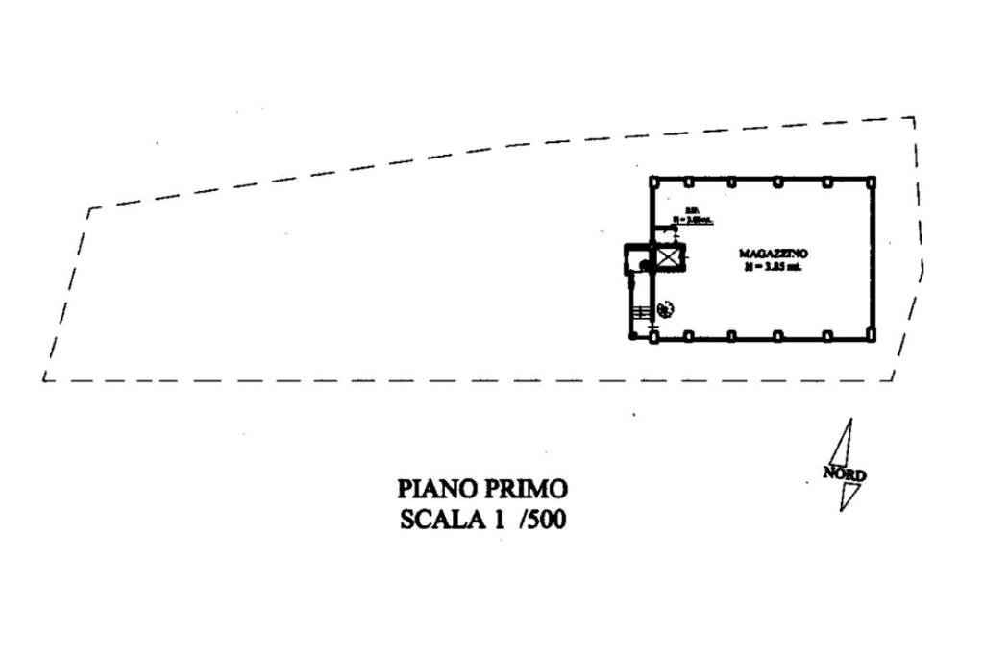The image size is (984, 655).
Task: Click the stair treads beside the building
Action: click(x=640, y=311)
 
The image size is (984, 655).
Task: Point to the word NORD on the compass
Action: click(x=845, y=473)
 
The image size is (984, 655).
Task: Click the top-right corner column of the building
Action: click(x=872, y=181)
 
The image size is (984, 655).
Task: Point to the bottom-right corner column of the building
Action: click(x=872, y=335)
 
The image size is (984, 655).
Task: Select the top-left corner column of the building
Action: click(x=652, y=181)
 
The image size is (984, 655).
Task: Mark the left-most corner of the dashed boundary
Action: click(x=44, y=379)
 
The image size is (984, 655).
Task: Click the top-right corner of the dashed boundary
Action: click(x=913, y=118)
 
